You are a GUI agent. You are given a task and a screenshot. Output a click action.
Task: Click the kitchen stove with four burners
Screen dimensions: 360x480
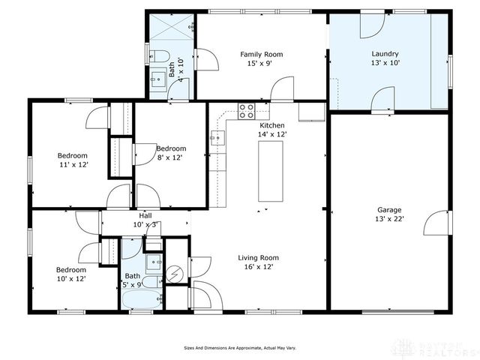coord(246,111)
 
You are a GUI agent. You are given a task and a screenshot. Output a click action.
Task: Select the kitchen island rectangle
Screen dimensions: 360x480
coord(270,170)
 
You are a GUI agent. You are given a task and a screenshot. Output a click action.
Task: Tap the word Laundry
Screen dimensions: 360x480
coord(385,54)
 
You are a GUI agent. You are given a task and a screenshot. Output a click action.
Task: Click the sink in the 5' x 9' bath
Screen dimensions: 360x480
coord(153,261)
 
